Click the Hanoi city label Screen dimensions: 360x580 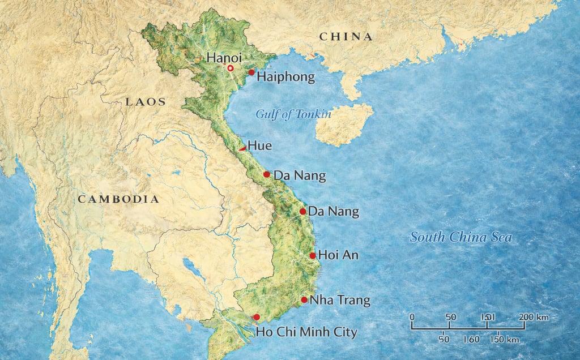pyautogui.click(x=224, y=57)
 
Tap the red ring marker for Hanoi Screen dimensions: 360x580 pyautogui.click(x=231, y=68)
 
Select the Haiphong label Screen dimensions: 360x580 pyautogui.click(x=285, y=78)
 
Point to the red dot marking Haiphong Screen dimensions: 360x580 pyautogui.click(x=251, y=72)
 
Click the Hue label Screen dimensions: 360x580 pyautogui.click(x=259, y=145)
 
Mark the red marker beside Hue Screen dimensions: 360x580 pyautogui.click(x=242, y=148)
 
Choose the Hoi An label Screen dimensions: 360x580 pyautogui.click(x=338, y=255)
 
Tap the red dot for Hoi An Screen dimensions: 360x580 pyautogui.click(x=313, y=256)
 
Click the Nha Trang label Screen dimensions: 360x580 pyautogui.click(x=340, y=300)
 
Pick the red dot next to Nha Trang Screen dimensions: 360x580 pyautogui.click(x=304, y=300)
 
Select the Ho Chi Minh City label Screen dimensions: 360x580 pyautogui.click(x=306, y=332)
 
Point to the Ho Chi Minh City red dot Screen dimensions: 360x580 pyautogui.click(x=257, y=318)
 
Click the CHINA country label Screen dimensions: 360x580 pyautogui.click(x=346, y=37)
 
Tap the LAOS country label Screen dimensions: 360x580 pyautogui.click(x=146, y=102)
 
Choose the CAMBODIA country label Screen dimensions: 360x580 pyautogui.click(x=118, y=199)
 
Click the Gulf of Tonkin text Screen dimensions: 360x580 pyautogui.click(x=293, y=114)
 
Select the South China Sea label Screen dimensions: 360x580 pyautogui.click(x=460, y=237)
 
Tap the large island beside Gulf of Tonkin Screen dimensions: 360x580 pyautogui.click(x=343, y=124)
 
